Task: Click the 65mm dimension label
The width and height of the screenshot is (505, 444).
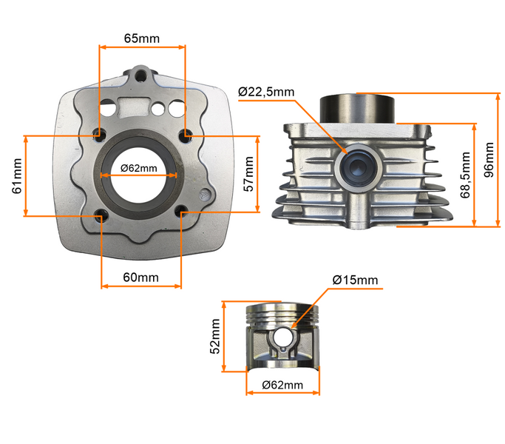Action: click(140, 38)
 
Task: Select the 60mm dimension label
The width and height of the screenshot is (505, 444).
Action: click(140, 277)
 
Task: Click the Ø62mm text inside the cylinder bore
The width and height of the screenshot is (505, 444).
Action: click(138, 168)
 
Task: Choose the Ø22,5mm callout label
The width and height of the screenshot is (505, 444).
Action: click(266, 92)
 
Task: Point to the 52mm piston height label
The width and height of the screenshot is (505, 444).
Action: click(215, 336)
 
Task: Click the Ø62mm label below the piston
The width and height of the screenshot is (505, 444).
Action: click(283, 385)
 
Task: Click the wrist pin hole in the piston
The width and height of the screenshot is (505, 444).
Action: click(283, 338)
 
